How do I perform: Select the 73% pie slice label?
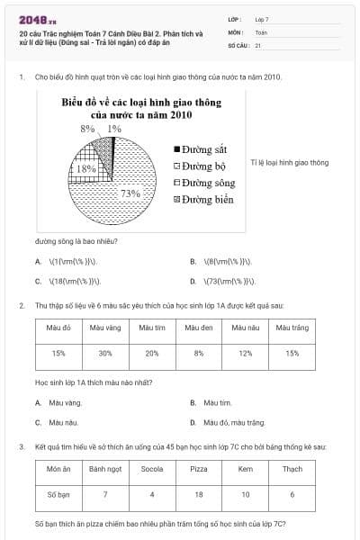pyautogui.click(x=130, y=193)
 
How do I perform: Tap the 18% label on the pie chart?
pyautogui.click(x=86, y=168)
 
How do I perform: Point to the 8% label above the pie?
pyautogui.click(x=87, y=129)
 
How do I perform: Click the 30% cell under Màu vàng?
pyautogui.click(x=105, y=353)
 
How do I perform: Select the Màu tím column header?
pyautogui.click(x=152, y=328)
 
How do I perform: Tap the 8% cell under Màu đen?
pyautogui.click(x=199, y=353)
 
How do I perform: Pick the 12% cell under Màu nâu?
pyautogui.click(x=246, y=353)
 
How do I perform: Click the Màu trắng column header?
pyautogui.click(x=292, y=328)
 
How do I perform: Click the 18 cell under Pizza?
pyautogui.click(x=199, y=494)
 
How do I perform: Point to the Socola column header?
pyautogui.click(x=152, y=469)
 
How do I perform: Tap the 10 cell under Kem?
pyautogui.click(x=246, y=494)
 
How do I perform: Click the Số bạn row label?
pyautogui.click(x=58, y=494)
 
